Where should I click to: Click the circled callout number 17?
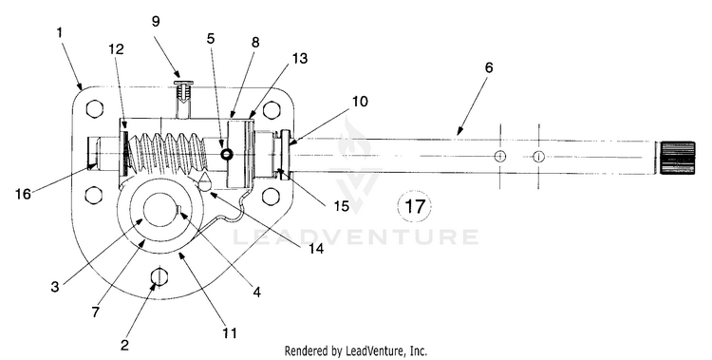tap(414, 207)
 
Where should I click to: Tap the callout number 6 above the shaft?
tap(488, 67)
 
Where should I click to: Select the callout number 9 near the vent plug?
tap(156, 21)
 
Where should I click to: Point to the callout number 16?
tap(23, 194)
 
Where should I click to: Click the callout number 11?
tap(230, 333)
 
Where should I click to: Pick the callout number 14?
tap(316, 248)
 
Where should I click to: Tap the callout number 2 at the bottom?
tap(124, 345)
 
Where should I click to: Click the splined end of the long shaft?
tap(677, 158)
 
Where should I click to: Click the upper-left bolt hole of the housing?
tap(94, 109)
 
